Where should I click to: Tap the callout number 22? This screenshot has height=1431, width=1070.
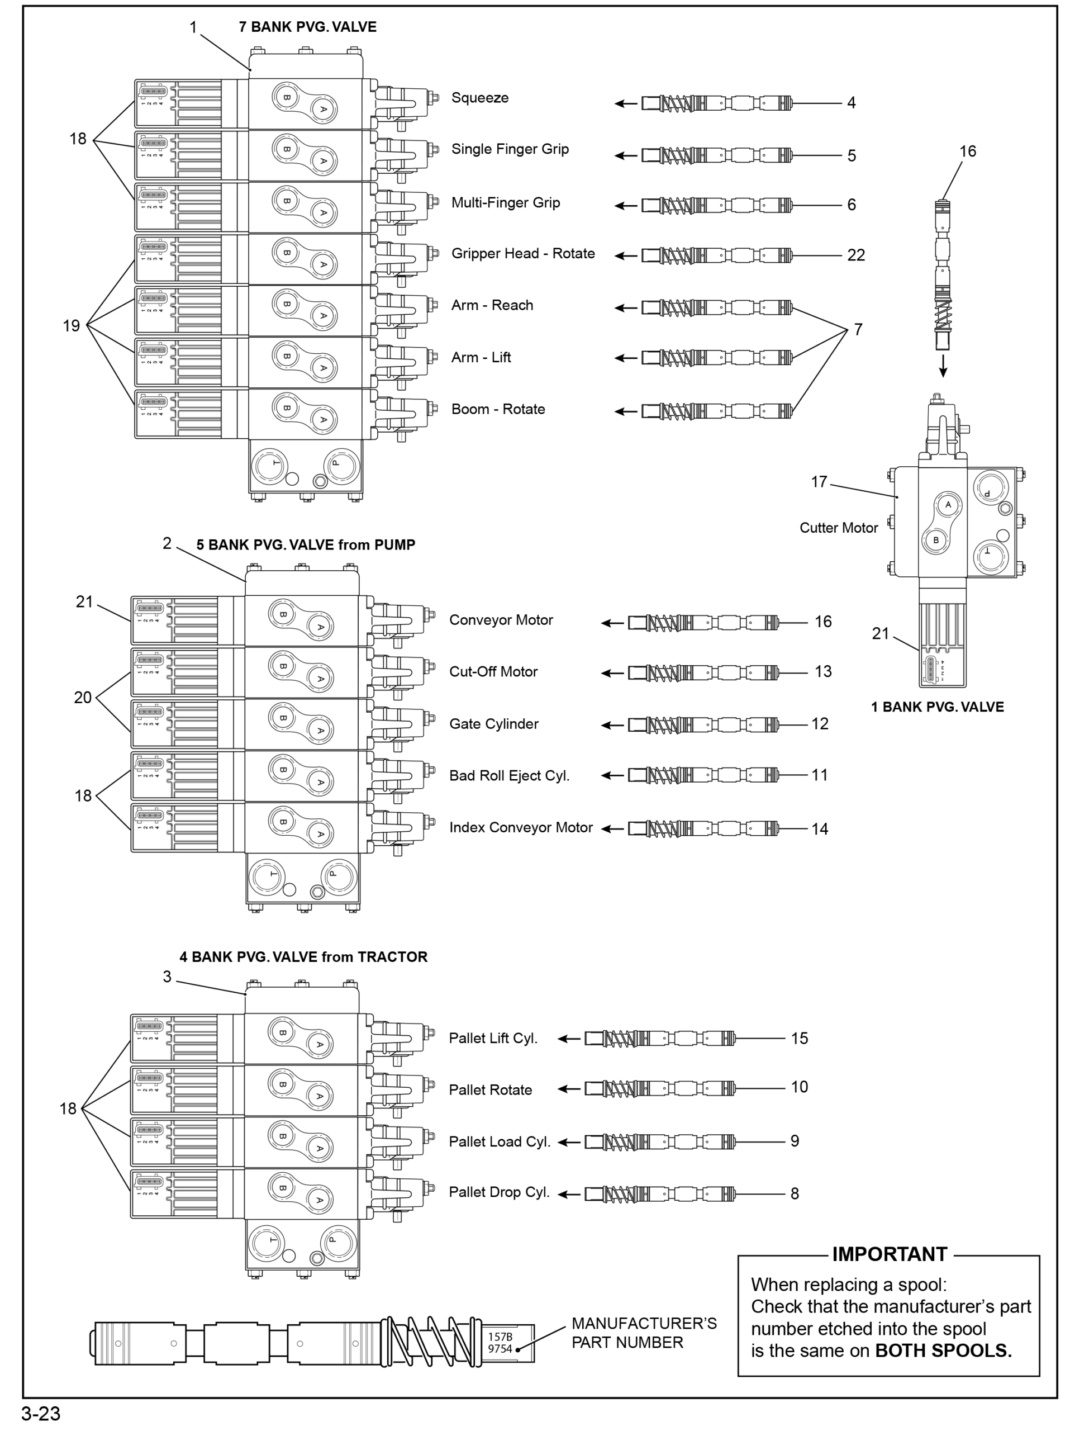[x=855, y=255]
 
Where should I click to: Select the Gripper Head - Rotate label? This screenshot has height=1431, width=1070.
[x=522, y=254]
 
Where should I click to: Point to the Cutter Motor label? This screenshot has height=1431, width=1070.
[x=838, y=528]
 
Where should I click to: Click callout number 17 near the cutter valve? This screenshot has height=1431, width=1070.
[x=819, y=482]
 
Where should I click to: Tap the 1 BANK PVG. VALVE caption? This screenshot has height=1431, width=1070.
[x=937, y=707]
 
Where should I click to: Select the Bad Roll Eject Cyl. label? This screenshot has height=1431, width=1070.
[x=509, y=776]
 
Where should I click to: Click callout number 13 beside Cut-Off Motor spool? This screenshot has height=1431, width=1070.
[x=822, y=671]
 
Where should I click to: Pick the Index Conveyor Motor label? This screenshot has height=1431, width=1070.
[x=520, y=827]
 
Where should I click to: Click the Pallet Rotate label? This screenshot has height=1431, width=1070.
[x=490, y=1090]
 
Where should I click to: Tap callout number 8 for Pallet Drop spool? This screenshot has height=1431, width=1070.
[x=795, y=1193]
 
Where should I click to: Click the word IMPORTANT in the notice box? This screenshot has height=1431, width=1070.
[x=889, y=1254]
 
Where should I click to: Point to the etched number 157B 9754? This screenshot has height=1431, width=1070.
[x=499, y=1342]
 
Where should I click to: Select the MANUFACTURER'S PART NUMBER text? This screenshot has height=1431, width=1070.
[x=643, y=1333]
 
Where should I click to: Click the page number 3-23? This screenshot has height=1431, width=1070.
[x=41, y=1414]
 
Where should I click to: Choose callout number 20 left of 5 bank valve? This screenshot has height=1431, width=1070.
[x=82, y=698]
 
